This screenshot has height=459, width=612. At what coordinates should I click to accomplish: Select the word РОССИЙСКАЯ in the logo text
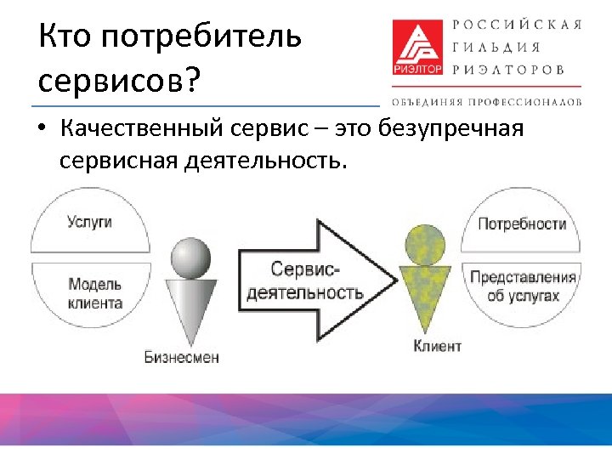[517, 25]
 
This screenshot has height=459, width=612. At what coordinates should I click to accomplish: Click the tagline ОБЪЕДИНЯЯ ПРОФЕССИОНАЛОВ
[486, 101]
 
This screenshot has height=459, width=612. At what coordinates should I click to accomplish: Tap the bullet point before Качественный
[42, 130]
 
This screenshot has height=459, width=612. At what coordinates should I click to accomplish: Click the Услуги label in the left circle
[90, 222]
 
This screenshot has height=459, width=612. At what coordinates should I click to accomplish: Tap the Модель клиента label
[95, 293]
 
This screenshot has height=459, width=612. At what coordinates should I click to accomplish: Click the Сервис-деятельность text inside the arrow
[304, 280]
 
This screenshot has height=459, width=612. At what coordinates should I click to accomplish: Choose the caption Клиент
[437, 345]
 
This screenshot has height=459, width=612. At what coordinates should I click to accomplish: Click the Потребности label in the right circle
[522, 224]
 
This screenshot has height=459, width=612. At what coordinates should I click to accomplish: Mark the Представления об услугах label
[523, 286]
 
